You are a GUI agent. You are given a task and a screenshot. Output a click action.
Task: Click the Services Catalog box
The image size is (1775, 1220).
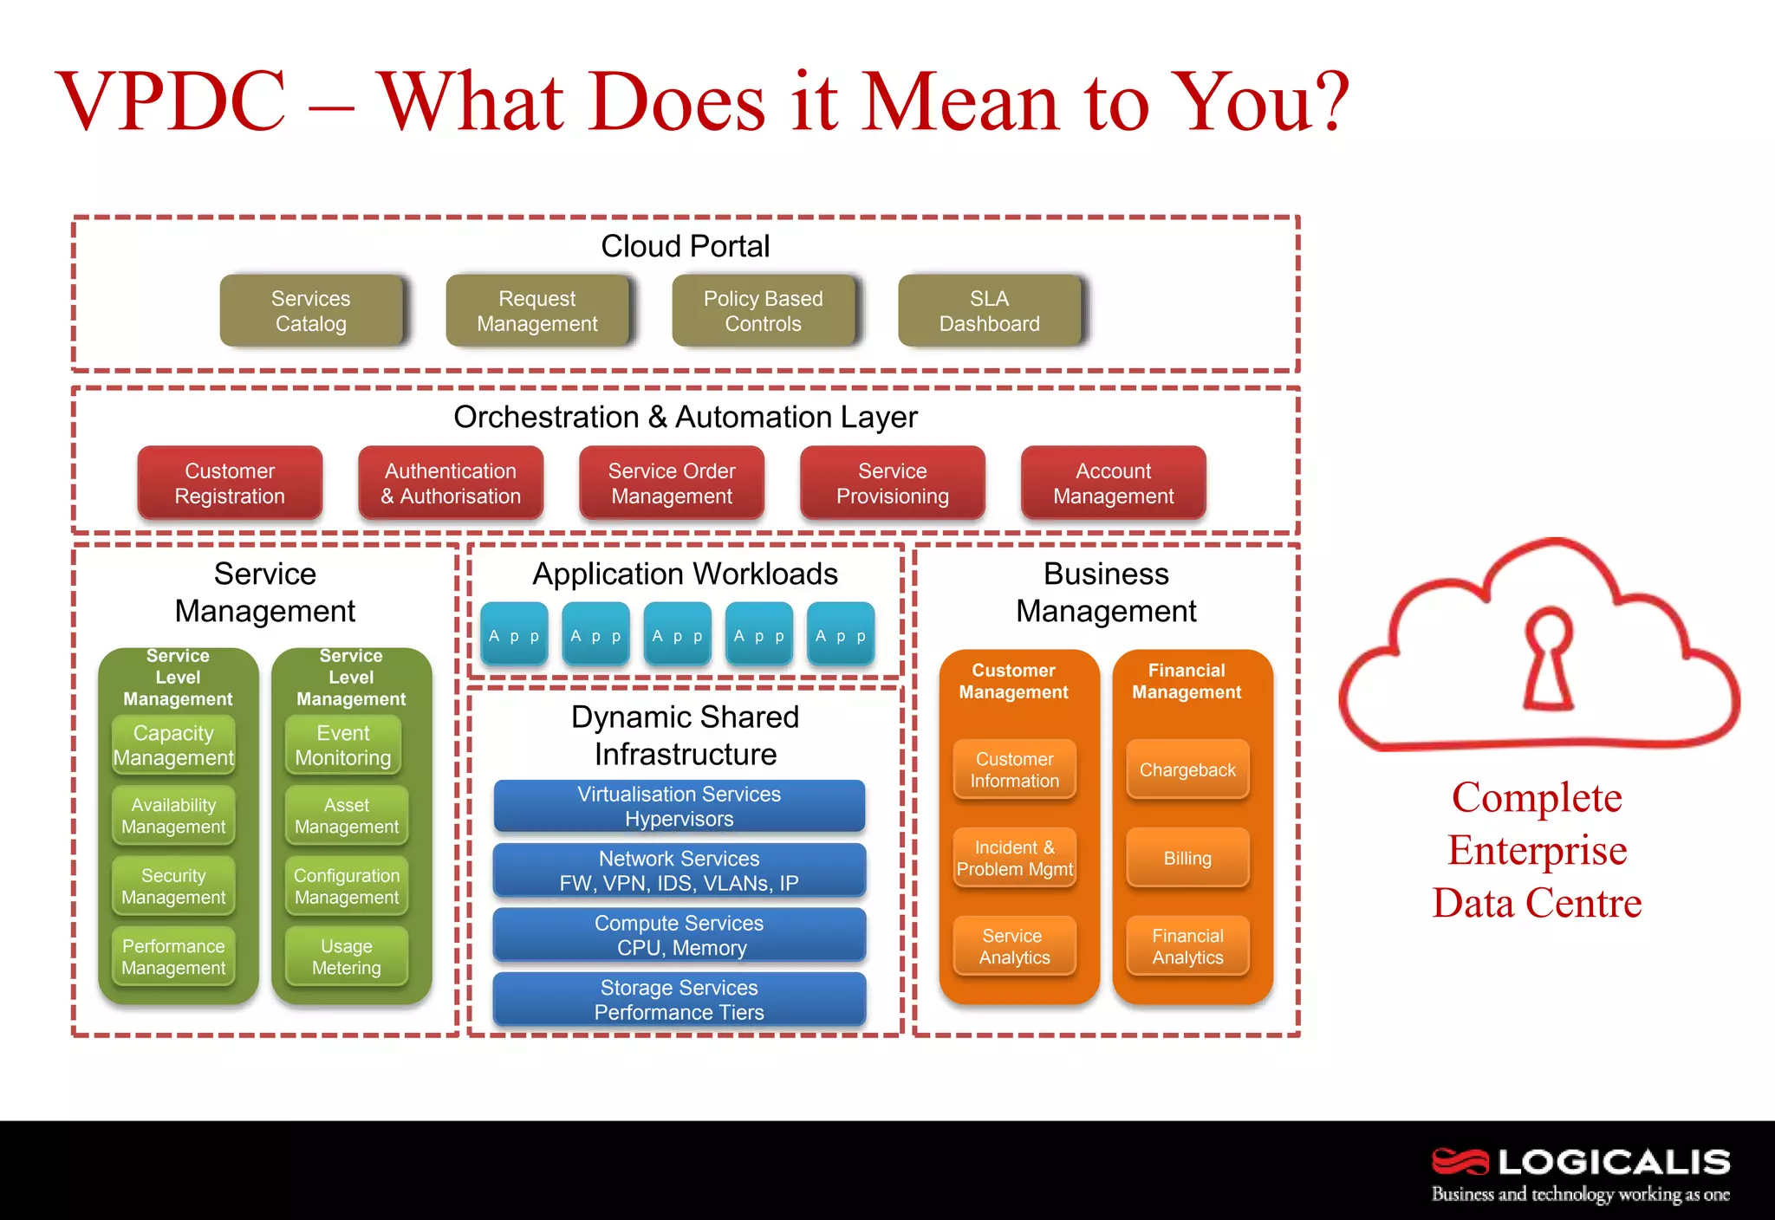[311, 311]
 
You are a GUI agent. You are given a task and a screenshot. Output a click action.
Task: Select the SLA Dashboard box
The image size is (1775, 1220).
[990, 311]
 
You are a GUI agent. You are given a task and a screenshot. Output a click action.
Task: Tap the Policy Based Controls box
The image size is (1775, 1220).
[764, 311]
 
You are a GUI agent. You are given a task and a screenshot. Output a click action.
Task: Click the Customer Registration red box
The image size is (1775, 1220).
[230, 483]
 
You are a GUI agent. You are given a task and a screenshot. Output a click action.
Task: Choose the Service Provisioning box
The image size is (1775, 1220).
[893, 483]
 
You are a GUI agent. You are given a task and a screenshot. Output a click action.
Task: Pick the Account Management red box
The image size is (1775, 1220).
[1114, 483]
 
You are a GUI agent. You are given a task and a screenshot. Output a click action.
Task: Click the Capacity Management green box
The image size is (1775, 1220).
[173, 745]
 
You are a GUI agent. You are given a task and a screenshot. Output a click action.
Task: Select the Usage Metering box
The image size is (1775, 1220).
[347, 957]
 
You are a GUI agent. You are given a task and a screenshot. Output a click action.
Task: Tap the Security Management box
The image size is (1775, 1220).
[173, 886]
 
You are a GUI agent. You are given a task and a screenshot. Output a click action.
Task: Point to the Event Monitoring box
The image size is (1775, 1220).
[343, 745]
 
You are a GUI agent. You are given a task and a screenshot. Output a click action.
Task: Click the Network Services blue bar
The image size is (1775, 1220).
[679, 870]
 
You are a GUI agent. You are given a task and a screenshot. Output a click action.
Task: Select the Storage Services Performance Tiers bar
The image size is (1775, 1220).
[679, 999]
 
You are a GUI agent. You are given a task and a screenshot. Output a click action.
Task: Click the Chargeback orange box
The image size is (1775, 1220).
[1187, 769]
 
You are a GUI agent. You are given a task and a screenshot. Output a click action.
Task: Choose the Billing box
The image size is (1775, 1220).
[1187, 858]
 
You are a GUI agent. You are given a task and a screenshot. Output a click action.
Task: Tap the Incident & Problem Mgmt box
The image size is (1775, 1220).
[1015, 858]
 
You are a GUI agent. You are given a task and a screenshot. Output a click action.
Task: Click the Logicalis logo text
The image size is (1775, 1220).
[1614, 1162]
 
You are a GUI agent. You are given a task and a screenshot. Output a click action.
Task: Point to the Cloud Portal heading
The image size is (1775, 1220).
[686, 246]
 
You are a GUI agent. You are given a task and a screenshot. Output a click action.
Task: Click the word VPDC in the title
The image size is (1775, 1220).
[172, 101]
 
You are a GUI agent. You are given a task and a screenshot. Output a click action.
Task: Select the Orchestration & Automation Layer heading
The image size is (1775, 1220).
[686, 417]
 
